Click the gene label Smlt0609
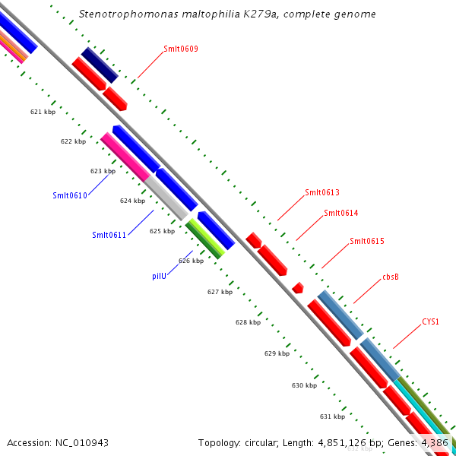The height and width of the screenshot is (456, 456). point(181,49)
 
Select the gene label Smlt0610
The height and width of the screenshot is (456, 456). point(70,195)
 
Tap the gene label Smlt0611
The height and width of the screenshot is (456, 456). point(109,235)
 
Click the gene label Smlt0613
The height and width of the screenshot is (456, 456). point(321,192)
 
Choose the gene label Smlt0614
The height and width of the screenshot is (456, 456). point(340,213)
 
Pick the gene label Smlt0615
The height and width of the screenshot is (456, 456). point(366,242)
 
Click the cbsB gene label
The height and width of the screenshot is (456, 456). point(390,277)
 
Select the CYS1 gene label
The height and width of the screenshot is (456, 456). point(430,322)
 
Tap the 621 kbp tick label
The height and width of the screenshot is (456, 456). point(43,112)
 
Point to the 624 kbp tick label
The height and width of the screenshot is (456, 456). point(132,201)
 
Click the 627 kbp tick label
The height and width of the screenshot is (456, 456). point(220,292)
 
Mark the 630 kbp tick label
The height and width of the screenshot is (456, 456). point(304,385)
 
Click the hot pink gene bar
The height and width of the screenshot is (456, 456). point(125,157)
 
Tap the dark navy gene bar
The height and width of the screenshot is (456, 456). point(100,65)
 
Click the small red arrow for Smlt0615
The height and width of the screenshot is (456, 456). point(298,287)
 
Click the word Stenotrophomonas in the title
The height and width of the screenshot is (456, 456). point(124,14)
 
